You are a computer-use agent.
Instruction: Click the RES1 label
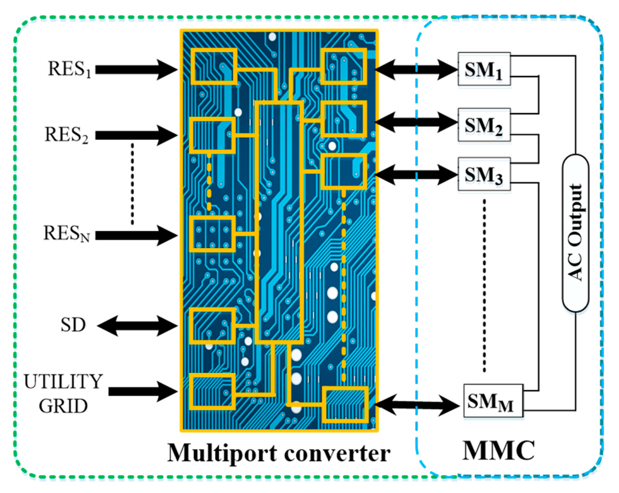tap(70, 69)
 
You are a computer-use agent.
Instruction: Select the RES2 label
tap(67, 135)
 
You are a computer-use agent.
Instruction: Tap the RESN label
tap(67, 234)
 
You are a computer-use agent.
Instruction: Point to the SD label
tap(73, 325)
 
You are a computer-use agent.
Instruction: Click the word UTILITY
tap(63, 381)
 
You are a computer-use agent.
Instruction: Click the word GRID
tap(63, 406)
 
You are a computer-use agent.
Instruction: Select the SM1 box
tap(484, 69)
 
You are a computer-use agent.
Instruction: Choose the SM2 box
tap(484, 125)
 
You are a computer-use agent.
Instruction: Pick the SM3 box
tap(484, 174)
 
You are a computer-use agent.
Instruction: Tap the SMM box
tap(493, 401)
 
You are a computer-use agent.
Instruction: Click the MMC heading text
tap(498, 450)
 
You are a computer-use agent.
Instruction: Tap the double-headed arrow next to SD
tap(137, 326)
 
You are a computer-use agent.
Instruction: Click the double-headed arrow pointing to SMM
tap(417, 405)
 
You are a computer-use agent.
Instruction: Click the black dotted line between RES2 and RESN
tap(132, 184)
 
